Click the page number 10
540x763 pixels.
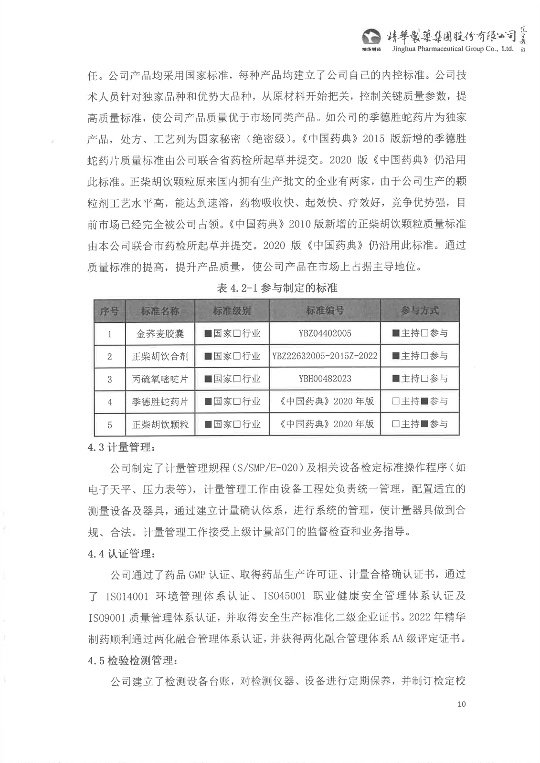click(x=461, y=704)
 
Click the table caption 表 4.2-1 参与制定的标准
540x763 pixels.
click(x=277, y=288)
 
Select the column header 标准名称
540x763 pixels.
click(x=160, y=311)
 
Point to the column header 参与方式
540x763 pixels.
click(x=420, y=311)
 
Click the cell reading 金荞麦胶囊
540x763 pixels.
click(x=160, y=334)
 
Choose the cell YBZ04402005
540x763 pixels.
click(x=325, y=333)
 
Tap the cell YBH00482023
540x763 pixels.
click(x=325, y=379)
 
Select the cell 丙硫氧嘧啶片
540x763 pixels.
click(x=160, y=379)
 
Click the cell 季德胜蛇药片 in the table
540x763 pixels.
click(x=160, y=402)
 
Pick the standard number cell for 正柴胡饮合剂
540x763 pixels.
click(x=325, y=356)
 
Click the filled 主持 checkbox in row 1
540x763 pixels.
click(x=396, y=333)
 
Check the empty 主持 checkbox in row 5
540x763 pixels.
click(x=396, y=424)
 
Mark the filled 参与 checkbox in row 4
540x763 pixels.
click(x=424, y=402)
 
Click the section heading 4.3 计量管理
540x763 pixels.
click(x=121, y=447)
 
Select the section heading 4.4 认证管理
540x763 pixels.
click(x=121, y=554)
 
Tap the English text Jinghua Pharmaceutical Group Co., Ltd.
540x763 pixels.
click(x=452, y=49)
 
